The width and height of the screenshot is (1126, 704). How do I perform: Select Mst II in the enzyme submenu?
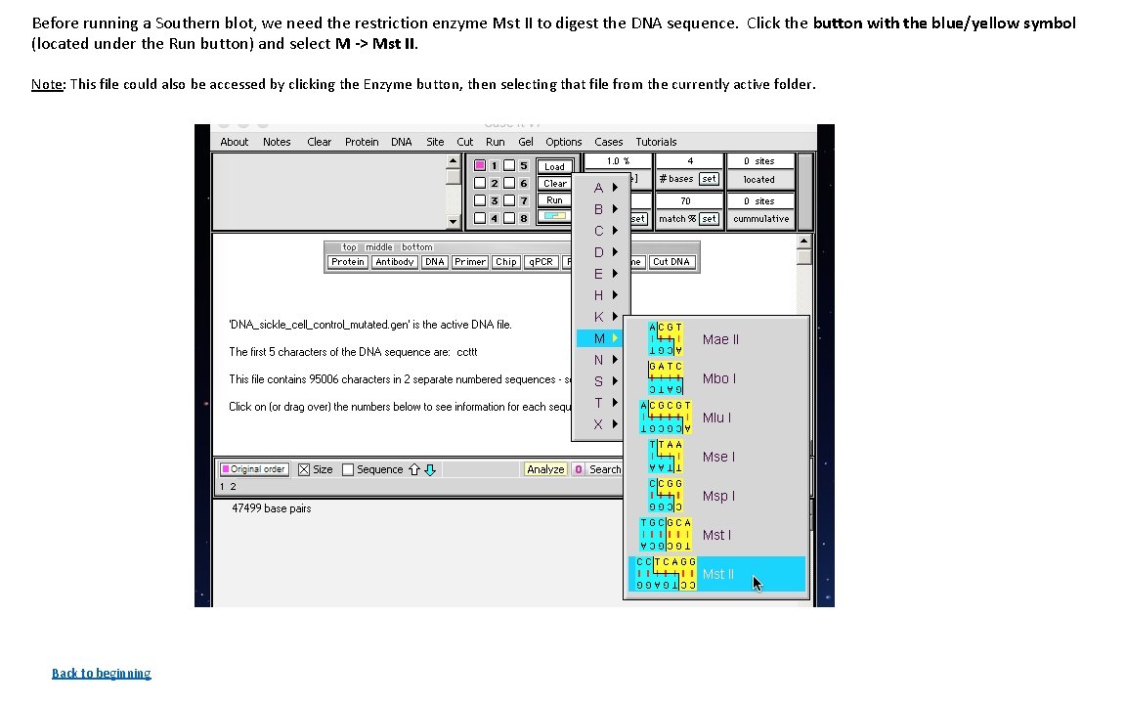pyautogui.click(x=718, y=574)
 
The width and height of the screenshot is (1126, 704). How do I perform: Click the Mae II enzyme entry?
pyautogui.click(x=720, y=339)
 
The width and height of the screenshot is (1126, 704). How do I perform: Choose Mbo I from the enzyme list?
pyautogui.click(x=718, y=378)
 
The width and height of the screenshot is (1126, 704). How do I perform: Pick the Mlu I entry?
pyautogui.click(x=716, y=418)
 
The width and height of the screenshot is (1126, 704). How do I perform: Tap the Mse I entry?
pyautogui.click(x=718, y=457)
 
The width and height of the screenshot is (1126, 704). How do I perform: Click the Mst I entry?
pyautogui.click(x=716, y=535)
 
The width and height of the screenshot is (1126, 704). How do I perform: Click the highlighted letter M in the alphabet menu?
pyautogui.click(x=599, y=338)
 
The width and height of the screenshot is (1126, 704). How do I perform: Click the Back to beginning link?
pyautogui.click(x=102, y=673)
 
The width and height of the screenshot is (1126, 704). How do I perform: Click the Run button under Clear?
pyautogui.click(x=554, y=200)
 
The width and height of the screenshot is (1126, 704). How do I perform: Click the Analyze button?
pyautogui.click(x=545, y=469)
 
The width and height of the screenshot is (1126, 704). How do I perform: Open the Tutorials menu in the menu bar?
pyautogui.click(x=656, y=142)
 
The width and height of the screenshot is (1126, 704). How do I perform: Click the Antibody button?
pyautogui.click(x=394, y=262)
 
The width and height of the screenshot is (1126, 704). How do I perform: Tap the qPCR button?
pyautogui.click(x=541, y=262)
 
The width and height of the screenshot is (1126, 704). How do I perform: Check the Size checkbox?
pyautogui.click(x=304, y=469)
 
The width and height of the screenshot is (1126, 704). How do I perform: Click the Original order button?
pyautogui.click(x=253, y=469)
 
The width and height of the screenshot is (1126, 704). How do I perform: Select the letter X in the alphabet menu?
pyautogui.click(x=598, y=424)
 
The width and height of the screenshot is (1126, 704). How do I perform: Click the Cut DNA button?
pyautogui.click(x=671, y=262)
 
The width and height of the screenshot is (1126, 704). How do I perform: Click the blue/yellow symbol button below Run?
pyautogui.click(x=554, y=216)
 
